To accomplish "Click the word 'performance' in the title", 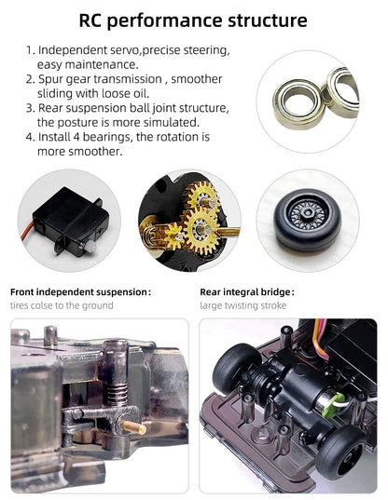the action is click(164, 21).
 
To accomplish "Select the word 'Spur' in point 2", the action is click(50, 79).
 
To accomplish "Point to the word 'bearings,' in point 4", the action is click(106, 137).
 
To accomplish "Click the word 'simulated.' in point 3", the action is click(172, 123).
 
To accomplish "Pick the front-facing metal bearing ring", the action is click(298, 104).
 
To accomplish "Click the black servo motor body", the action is click(71, 220).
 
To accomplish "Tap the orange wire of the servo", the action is click(26, 231).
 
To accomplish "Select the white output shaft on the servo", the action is click(90, 246).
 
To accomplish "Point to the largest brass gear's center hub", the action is click(201, 229).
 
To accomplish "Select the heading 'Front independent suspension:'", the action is click(80, 292).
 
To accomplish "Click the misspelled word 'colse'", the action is click(41, 305).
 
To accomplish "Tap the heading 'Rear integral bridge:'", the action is click(247, 292).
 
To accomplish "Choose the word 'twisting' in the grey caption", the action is click(242, 305).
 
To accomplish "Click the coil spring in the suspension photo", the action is click(118, 395).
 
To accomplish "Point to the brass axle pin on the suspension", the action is click(135, 427).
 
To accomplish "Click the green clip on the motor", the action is click(332, 405).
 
